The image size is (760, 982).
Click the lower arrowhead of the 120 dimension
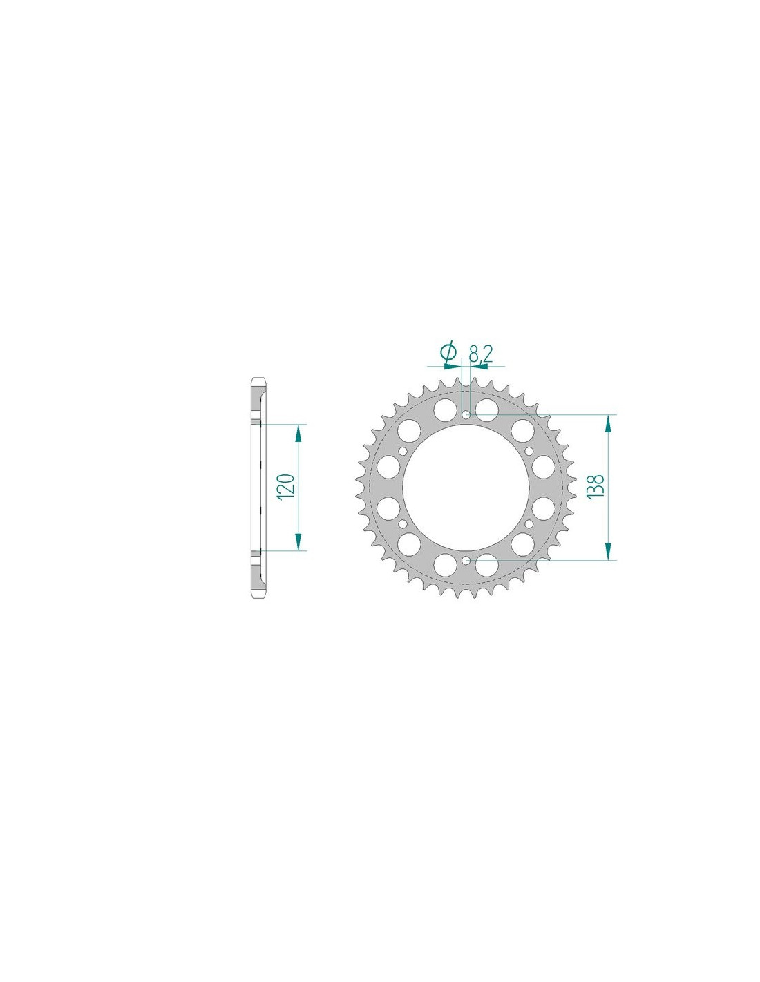pos(298,541)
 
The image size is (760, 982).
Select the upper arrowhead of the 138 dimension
pos(608,424)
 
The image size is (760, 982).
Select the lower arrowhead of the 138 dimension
pos(608,551)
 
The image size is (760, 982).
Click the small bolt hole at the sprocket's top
pos(466,414)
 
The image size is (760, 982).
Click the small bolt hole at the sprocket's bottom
pos(466,560)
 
